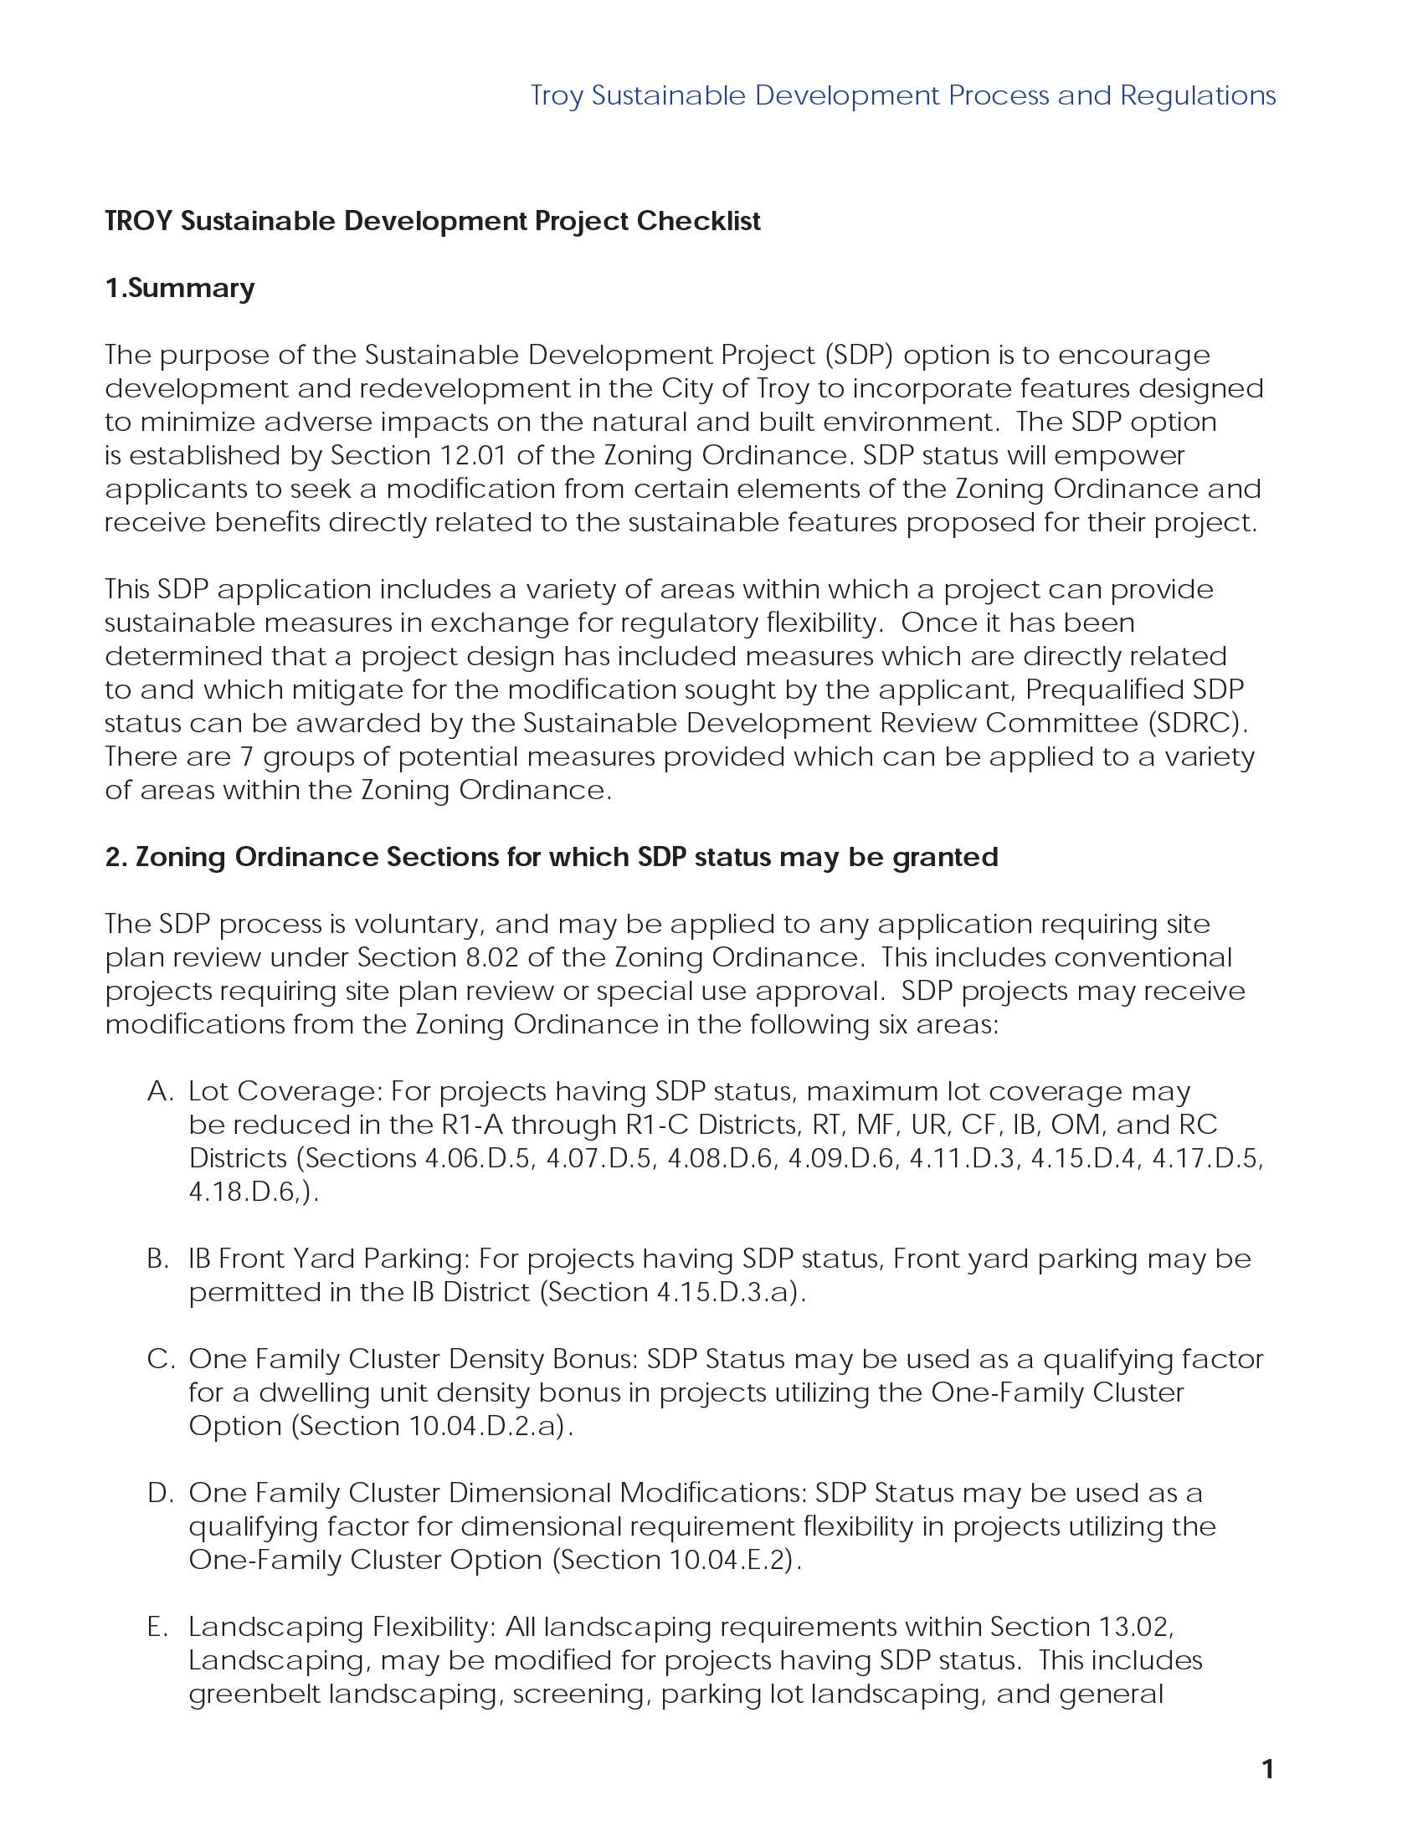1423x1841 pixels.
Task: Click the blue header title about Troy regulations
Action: point(903,95)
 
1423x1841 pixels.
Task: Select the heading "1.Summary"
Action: point(180,289)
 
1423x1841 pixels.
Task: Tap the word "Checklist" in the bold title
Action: point(698,221)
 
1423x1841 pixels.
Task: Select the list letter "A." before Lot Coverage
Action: point(159,1090)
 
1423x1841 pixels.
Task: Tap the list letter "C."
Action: point(160,1359)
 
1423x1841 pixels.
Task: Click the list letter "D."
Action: point(160,1493)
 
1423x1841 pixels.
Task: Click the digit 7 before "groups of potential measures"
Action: point(246,757)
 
